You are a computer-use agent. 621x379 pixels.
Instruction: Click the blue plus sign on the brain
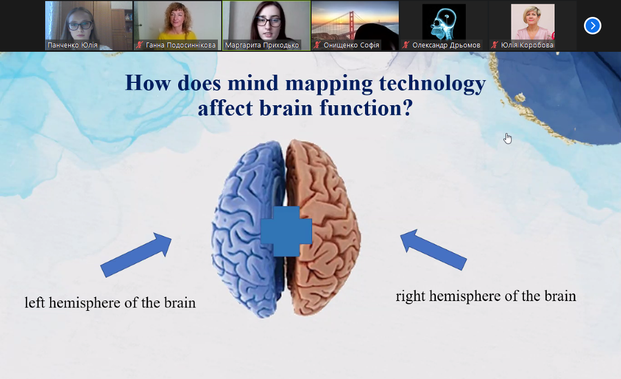click(x=286, y=231)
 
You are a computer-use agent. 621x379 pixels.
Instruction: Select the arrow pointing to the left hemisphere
click(x=136, y=255)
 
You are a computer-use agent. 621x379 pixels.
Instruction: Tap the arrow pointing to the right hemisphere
click(x=433, y=250)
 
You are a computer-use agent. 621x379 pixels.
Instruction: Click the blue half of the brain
click(x=247, y=230)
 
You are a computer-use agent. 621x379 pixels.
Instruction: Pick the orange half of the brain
click(x=323, y=228)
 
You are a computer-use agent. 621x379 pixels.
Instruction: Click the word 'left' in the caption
click(x=34, y=302)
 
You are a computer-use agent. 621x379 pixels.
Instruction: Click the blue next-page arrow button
click(x=593, y=26)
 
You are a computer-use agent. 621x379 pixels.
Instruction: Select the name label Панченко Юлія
click(x=72, y=45)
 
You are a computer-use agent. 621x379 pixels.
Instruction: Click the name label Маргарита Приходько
click(x=262, y=45)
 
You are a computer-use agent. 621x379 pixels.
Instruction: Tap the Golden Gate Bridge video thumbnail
click(x=355, y=26)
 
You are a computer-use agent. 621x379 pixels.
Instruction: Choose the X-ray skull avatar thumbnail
click(x=444, y=22)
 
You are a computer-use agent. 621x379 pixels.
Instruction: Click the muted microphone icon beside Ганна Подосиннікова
click(x=139, y=45)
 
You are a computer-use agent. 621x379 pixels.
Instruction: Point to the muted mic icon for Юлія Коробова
click(x=495, y=45)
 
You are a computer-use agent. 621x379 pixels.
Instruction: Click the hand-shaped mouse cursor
click(x=508, y=139)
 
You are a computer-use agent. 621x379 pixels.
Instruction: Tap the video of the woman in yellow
click(x=178, y=26)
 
